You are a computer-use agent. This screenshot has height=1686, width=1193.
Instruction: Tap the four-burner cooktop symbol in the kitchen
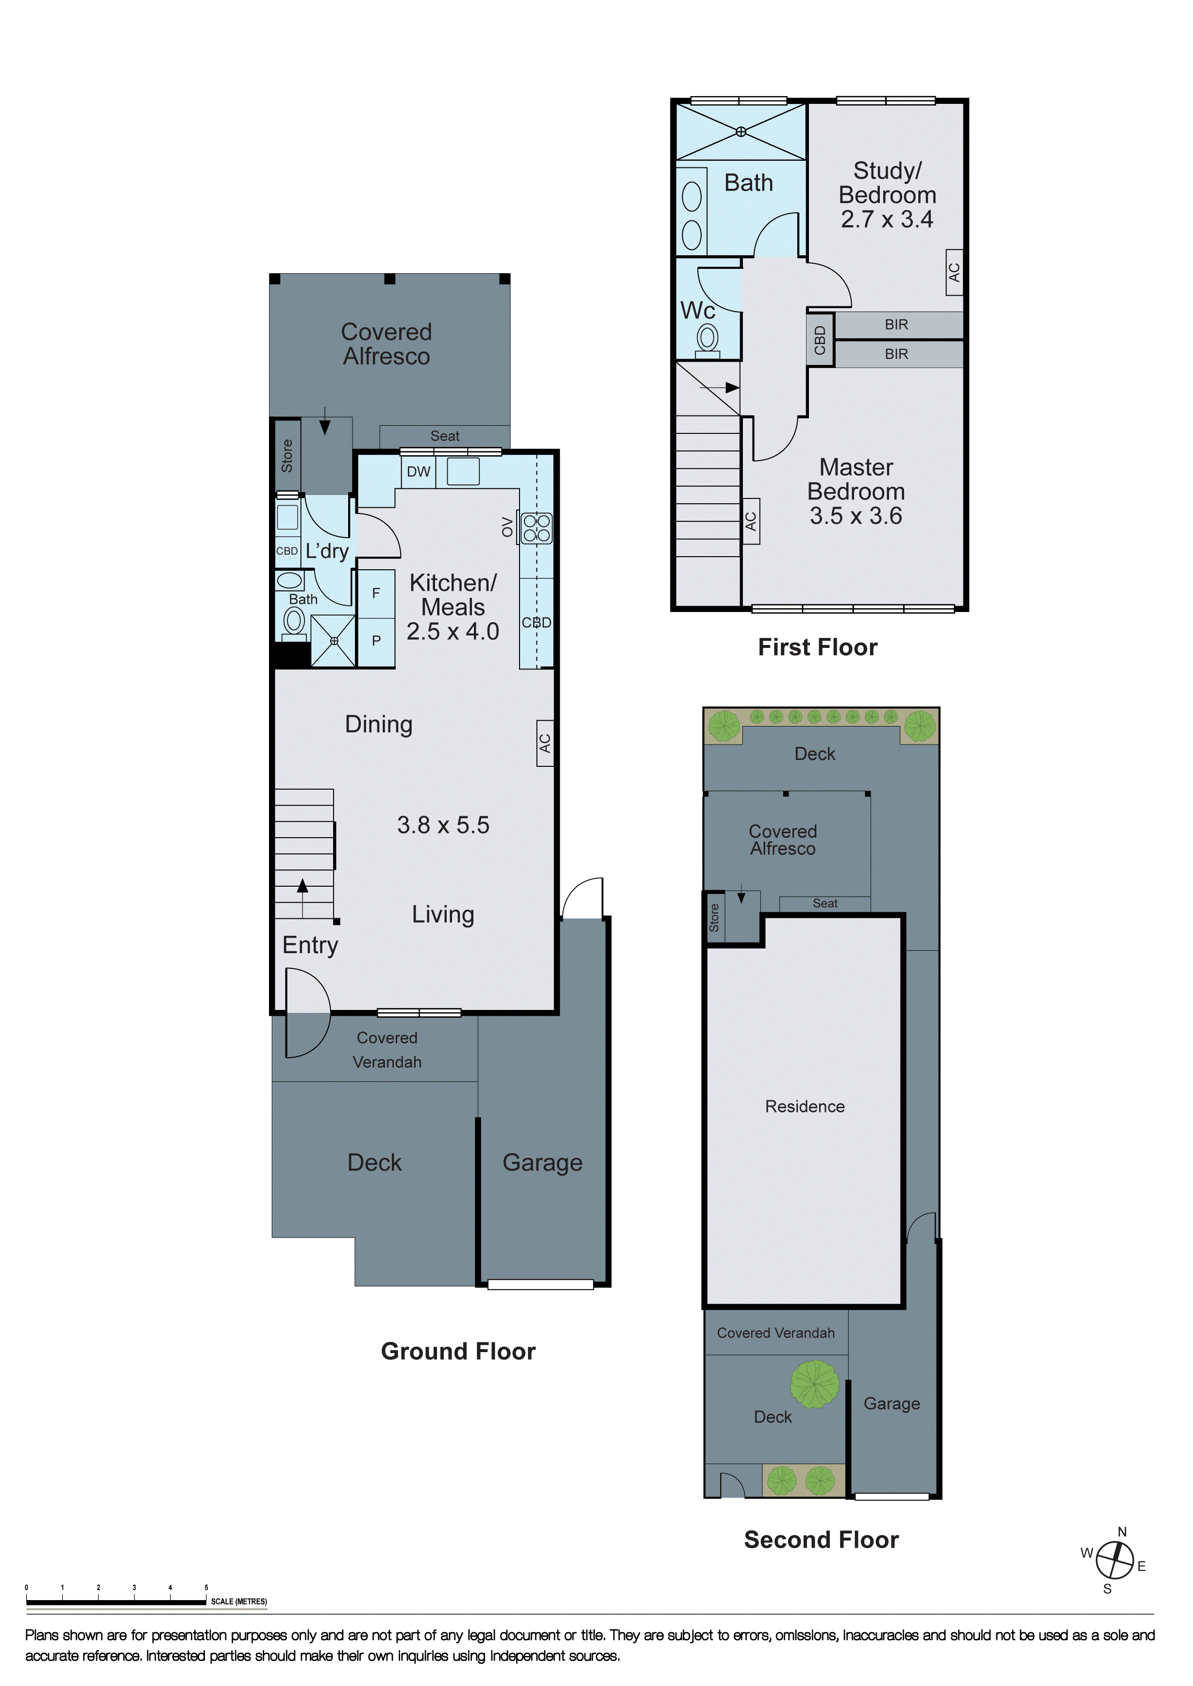[x=536, y=528]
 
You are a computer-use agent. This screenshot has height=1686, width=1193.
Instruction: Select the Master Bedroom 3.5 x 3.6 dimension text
[x=856, y=516]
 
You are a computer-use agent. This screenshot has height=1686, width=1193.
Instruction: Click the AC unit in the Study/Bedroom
[x=954, y=272]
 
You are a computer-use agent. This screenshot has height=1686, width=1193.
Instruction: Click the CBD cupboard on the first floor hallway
[x=820, y=341]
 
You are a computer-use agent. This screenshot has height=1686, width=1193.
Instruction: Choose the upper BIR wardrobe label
[x=896, y=325]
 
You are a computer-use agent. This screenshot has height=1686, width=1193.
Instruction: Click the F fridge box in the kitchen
[x=376, y=594]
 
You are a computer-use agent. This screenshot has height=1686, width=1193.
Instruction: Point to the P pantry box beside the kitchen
[x=376, y=641]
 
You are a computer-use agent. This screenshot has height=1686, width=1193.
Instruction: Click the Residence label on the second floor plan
[x=805, y=1107]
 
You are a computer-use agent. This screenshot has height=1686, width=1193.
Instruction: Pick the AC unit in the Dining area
[x=544, y=743]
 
